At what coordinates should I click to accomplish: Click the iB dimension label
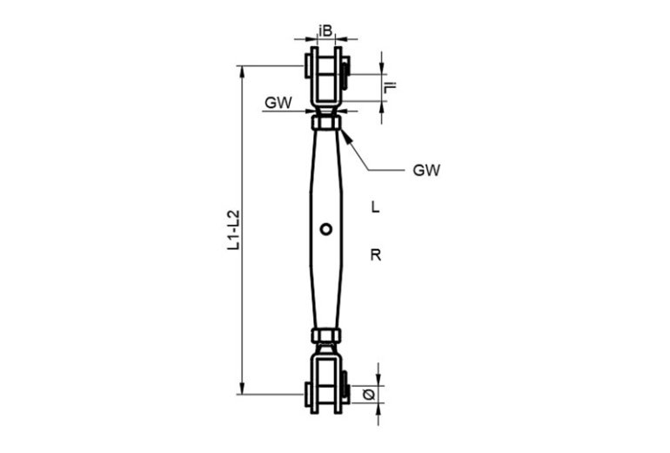click(x=325, y=30)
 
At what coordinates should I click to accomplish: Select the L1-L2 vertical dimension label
click(x=234, y=230)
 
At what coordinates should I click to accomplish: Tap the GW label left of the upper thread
click(x=278, y=103)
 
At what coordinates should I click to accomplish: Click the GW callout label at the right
click(x=426, y=170)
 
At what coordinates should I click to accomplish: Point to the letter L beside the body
click(x=375, y=207)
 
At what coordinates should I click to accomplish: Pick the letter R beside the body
click(x=376, y=255)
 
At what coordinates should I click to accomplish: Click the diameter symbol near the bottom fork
click(x=369, y=394)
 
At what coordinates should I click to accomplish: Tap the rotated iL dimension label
click(x=390, y=87)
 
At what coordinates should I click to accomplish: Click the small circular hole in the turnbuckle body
click(x=326, y=229)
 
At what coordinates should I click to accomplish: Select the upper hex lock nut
click(x=326, y=123)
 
